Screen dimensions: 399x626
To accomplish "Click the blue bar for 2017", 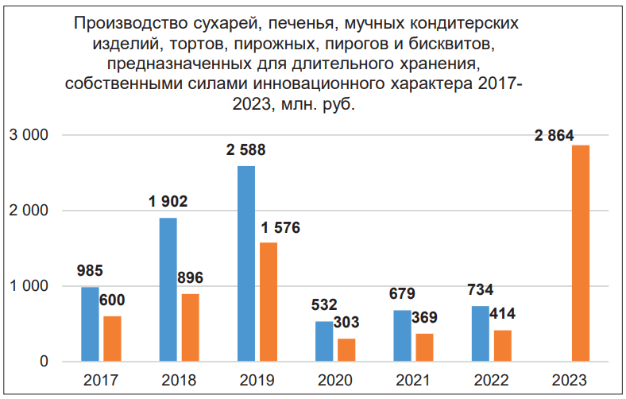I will pyautogui.click(x=90, y=324).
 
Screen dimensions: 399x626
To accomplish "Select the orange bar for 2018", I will pyautogui.click(x=190, y=327).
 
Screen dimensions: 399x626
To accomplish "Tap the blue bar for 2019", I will pyautogui.click(x=246, y=264).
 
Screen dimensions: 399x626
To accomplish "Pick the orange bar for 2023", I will pyautogui.click(x=580, y=254).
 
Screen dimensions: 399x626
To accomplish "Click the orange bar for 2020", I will pyautogui.click(x=346, y=350).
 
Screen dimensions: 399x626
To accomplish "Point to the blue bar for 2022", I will pyautogui.click(x=480, y=334).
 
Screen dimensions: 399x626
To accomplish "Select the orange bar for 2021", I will pyautogui.click(x=424, y=347).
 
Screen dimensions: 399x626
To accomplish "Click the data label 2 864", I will pyautogui.click(x=555, y=135).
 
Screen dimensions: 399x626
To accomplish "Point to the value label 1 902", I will pyautogui.click(x=168, y=202).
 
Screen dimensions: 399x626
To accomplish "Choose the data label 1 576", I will pyautogui.click(x=281, y=228).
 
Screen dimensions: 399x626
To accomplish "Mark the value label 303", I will pyautogui.click(x=346, y=323).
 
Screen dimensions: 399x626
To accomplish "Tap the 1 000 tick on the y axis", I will pyautogui.click(x=29, y=286).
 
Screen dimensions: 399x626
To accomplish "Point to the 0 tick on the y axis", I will pyautogui.click(x=44, y=362).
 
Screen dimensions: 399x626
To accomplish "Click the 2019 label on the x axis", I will pyautogui.click(x=257, y=380).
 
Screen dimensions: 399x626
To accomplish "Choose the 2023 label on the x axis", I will pyautogui.click(x=569, y=380).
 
